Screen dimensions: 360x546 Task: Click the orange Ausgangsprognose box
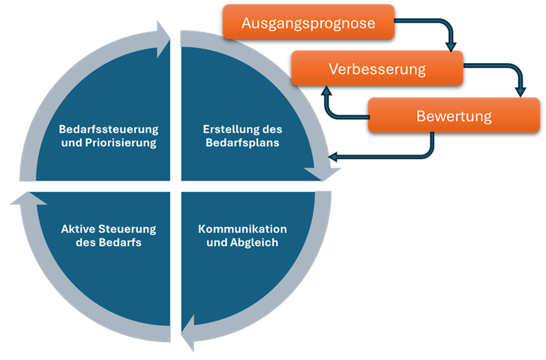tap(308, 22)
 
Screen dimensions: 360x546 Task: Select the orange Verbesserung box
tap(376, 69)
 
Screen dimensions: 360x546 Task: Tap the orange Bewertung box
tap(453, 115)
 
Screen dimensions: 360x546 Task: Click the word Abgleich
tap(255, 241)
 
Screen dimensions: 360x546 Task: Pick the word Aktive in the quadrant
tap(78, 228)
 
